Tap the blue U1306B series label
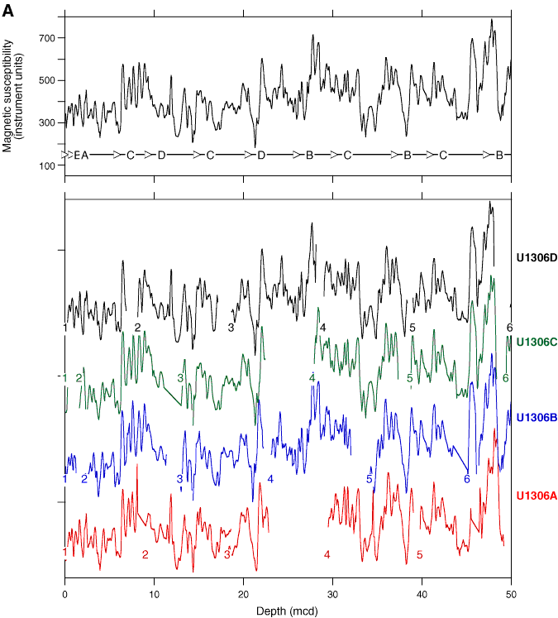(x=535, y=417)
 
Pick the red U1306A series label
(x=535, y=495)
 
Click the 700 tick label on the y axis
(x=45, y=38)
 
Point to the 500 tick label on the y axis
(x=45, y=80)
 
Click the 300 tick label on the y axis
(x=45, y=123)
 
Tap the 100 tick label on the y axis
(x=45, y=166)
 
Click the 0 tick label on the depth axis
(x=64, y=593)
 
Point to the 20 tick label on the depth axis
(x=243, y=593)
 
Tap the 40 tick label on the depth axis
(x=422, y=593)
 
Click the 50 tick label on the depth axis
(x=511, y=593)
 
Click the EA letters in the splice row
(x=81, y=155)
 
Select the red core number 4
(x=327, y=554)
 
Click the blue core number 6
(x=466, y=479)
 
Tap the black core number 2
(x=138, y=328)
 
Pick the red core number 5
(x=419, y=554)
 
